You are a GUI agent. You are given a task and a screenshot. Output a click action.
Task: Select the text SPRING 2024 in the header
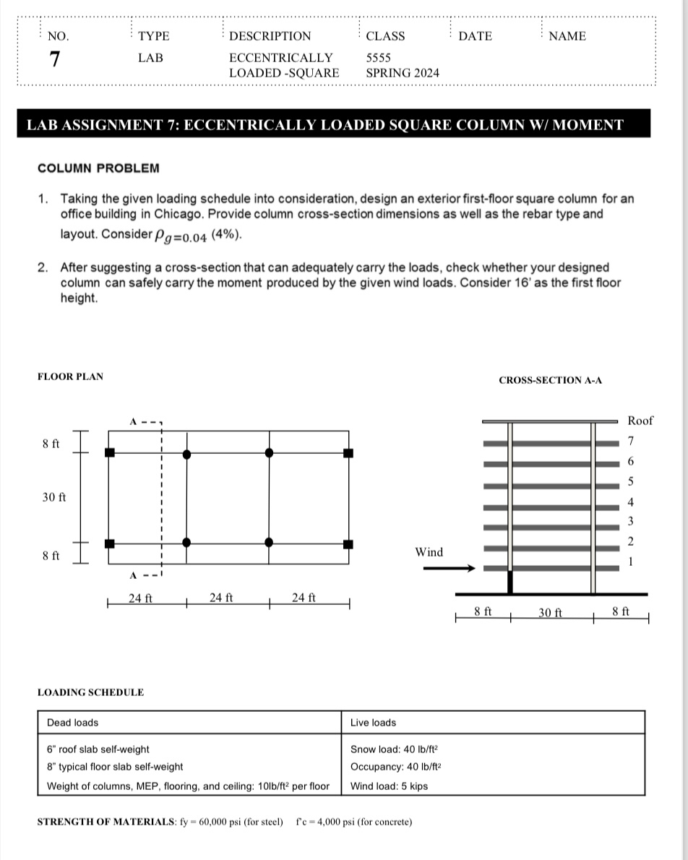click(402, 73)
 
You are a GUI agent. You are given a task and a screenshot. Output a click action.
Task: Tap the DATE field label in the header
click(475, 36)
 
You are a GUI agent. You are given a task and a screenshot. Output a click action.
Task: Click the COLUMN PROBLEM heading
click(98, 168)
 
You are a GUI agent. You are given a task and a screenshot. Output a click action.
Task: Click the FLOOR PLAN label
click(70, 377)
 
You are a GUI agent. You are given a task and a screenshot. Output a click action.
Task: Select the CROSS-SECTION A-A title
click(550, 380)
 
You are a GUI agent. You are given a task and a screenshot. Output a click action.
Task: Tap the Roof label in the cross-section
click(640, 421)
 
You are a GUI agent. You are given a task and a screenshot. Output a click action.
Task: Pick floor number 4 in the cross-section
click(630, 502)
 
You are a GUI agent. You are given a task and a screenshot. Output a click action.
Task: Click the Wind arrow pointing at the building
click(448, 569)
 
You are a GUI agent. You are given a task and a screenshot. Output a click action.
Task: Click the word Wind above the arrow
click(429, 552)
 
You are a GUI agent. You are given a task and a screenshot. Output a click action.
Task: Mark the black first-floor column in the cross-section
click(510, 581)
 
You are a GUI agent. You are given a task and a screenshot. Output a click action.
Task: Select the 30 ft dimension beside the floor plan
click(52, 497)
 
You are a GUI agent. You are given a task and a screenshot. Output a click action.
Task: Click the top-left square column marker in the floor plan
click(109, 453)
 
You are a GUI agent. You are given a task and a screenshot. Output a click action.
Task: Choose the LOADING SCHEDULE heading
click(90, 692)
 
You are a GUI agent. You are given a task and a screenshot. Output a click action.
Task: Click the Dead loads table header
click(72, 723)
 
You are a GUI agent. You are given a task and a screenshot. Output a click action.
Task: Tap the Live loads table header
click(373, 723)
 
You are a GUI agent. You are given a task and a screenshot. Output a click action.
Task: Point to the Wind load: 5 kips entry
click(389, 786)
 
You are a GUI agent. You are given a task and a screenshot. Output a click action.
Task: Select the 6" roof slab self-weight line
click(98, 749)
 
